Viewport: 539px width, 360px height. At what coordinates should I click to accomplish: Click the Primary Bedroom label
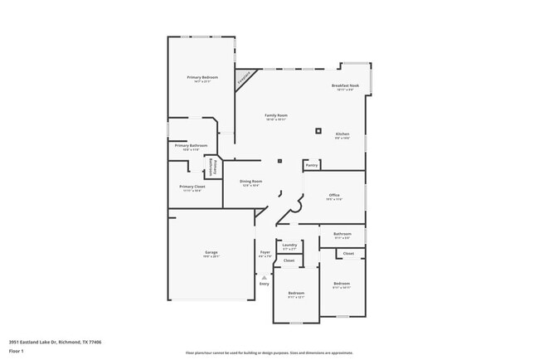(202, 77)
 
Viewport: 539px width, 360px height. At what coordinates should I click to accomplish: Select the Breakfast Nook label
(345, 86)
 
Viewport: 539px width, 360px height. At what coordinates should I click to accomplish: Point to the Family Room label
(276, 115)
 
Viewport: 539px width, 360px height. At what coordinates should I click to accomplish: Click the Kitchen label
(342, 134)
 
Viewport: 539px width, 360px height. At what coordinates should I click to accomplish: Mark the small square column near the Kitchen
(318, 129)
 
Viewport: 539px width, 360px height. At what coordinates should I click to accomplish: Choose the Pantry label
(312, 165)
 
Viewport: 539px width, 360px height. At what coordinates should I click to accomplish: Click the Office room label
(334, 196)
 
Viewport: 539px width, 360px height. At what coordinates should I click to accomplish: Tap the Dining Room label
(250, 182)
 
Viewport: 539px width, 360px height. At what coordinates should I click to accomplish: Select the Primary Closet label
(192, 187)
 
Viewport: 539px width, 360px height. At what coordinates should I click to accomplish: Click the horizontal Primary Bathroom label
(191, 146)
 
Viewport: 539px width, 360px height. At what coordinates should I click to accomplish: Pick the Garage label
(211, 251)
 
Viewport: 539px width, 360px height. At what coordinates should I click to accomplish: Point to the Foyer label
(265, 252)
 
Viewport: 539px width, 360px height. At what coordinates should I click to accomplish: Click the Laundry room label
(289, 245)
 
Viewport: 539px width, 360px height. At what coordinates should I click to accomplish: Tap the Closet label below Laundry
(289, 260)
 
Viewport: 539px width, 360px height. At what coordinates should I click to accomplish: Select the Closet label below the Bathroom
(348, 253)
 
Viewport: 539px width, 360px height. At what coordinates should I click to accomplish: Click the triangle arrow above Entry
(264, 277)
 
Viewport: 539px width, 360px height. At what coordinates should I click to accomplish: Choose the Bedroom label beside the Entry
(296, 293)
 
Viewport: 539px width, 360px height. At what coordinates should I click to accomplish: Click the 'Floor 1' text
(17, 351)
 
